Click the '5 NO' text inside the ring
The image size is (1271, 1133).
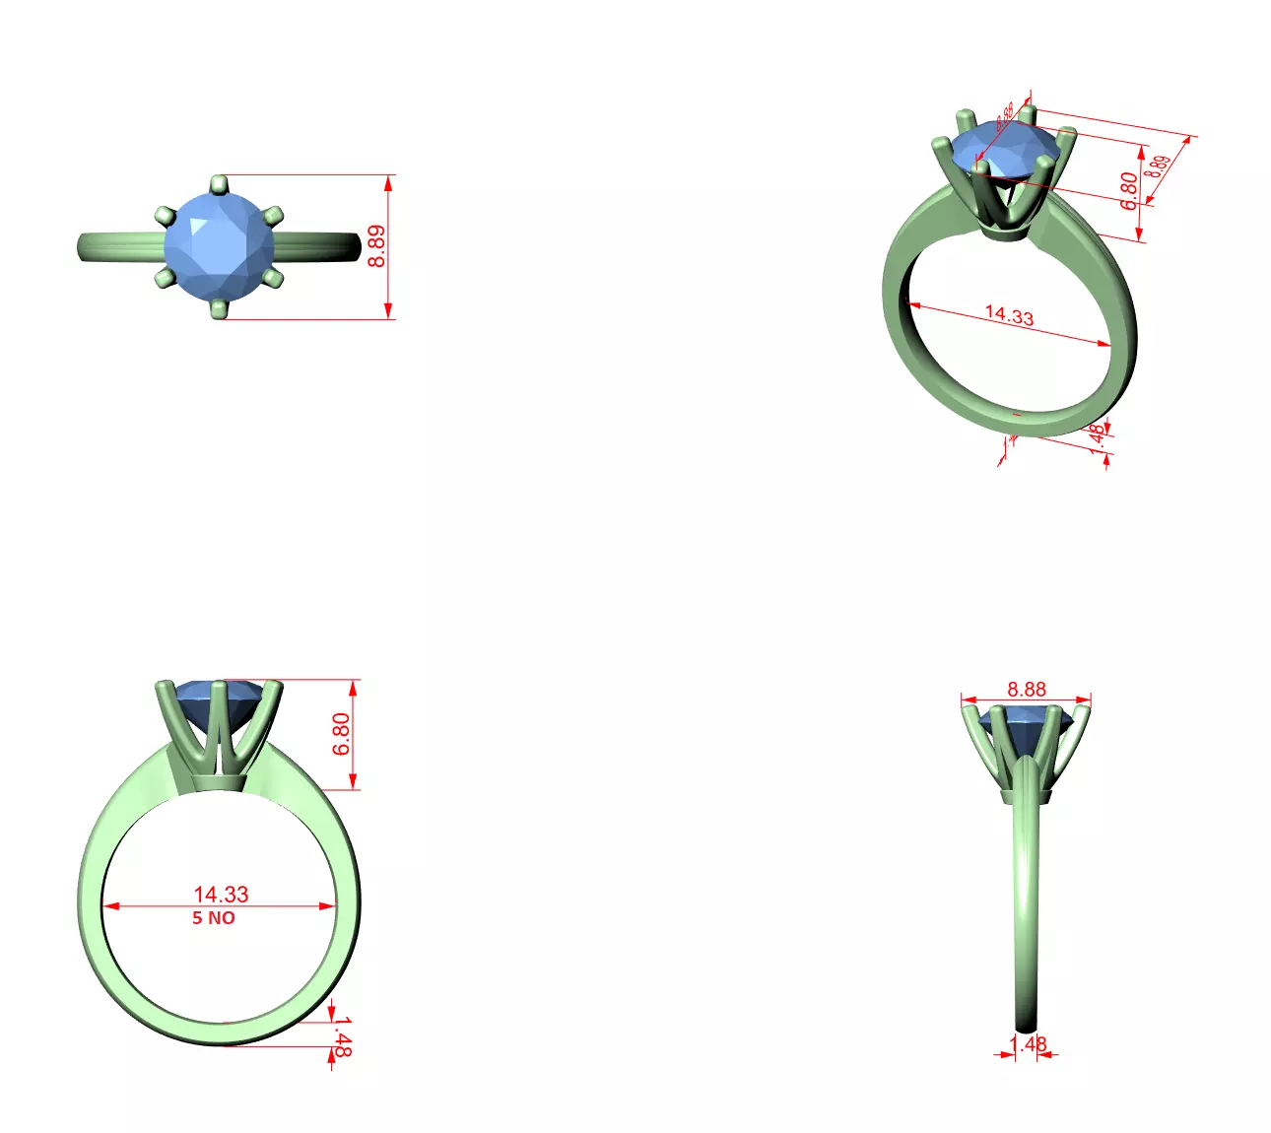pyautogui.click(x=214, y=918)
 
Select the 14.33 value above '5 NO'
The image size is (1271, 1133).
pyautogui.click(x=221, y=895)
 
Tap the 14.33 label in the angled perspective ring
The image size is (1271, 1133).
pyautogui.click(x=1009, y=315)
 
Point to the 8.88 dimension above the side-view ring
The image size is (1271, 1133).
pyautogui.click(x=1027, y=690)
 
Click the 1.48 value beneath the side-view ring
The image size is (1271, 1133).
pyautogui.click(x=1028, y=1043)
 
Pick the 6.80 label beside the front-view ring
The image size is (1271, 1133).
pyautogui.click(x=341, y=734)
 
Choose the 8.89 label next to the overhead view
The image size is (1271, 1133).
pyautogui.click(x=377, y=246)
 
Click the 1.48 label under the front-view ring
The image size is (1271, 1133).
pyautogui.click(x=341, y=1039)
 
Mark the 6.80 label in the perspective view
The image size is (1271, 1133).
pyautogui.click(x=1129, y=190)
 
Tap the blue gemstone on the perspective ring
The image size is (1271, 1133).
pyautogui.click(x=1005, y=148)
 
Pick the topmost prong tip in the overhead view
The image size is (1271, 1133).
pyautogui.click(x=219, y=183)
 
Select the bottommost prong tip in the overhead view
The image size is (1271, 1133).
pyautogui.click(x=219, y=310)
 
